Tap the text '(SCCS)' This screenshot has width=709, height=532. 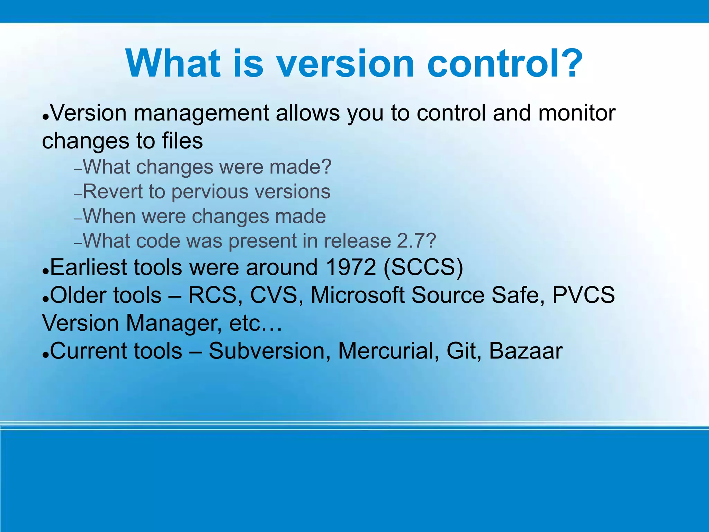point(423,268)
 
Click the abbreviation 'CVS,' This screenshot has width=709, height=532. point(277,295)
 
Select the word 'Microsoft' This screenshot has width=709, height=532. point(358,295)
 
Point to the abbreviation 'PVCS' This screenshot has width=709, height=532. point(583,295)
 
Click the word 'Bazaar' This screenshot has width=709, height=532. point(526,351)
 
